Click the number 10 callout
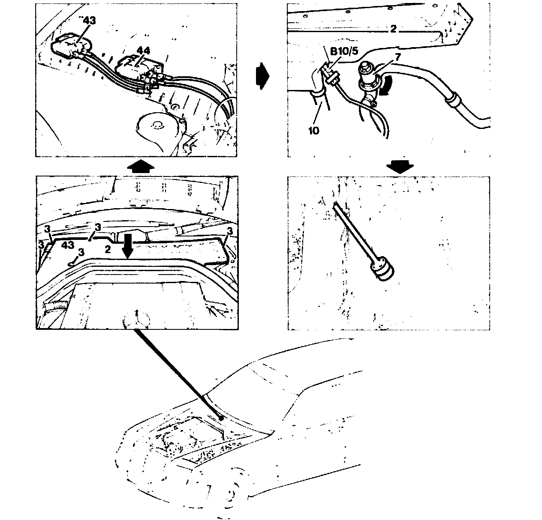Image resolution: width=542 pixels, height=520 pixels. pyautogui.click(x=313, y=130)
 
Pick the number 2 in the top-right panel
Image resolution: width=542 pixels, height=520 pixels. pyautogui.click(x=393, y=29)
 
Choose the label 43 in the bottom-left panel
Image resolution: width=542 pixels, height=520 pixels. pyautogui.click(x=68, y=245)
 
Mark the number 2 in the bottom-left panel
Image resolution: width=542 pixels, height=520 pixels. pyautogui.click(x=108, y=248)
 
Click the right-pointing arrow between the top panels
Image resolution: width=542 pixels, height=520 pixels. pyautogui.click(x=261, y=77)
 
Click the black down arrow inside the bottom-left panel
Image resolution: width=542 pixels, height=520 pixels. pyautogui.click(x=127, y=245)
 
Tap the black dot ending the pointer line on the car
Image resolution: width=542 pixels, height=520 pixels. pyautogui.click(x=220, y=417)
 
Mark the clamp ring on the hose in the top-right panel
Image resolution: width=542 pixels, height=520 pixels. pyautogui.click(x=452, y=102)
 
